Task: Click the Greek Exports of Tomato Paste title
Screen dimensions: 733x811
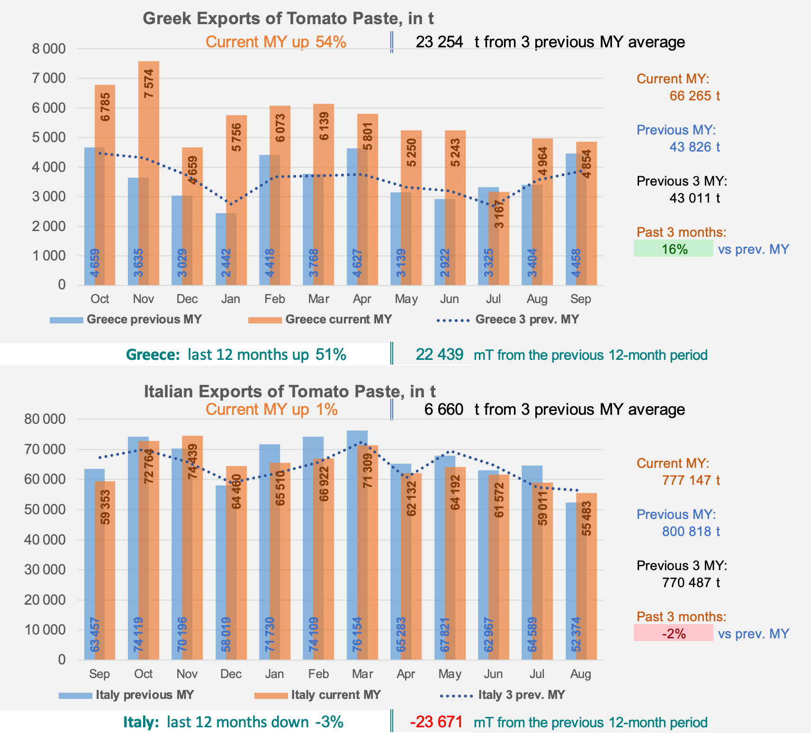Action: (288, 18)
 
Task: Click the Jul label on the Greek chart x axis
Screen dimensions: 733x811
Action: (493, 299)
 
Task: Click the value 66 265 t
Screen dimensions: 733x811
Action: (694, 96)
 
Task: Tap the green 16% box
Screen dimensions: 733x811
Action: (673, 249)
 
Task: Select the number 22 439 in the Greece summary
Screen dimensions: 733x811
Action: (439, 355)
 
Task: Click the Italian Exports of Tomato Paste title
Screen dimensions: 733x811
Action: (289, 392)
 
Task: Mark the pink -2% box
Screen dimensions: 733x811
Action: (673, 633)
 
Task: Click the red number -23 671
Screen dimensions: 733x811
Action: (436, 722)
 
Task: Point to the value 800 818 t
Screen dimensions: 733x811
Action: (691, 531)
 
